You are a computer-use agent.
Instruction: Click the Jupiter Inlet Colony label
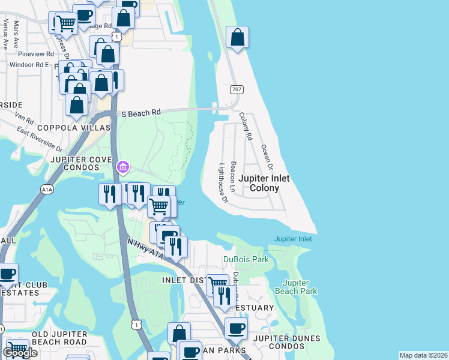click(264, 183)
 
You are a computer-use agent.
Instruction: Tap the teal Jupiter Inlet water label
click(293, 239)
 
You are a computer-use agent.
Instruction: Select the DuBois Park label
click(246, 259)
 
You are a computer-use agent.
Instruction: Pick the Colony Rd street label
click(244, 127)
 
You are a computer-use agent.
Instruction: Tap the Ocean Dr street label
click(267, 157)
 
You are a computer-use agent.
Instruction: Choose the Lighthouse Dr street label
click(223, 182)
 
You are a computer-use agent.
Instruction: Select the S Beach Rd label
click(141, 112)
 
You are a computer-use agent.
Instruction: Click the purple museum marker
click(123, 166)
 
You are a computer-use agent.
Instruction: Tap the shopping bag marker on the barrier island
click(238, 38)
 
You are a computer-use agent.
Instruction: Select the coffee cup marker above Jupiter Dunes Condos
click(236, 329)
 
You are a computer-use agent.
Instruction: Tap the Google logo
click(19, 352)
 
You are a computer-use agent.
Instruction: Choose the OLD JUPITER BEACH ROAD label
click(59, 338)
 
